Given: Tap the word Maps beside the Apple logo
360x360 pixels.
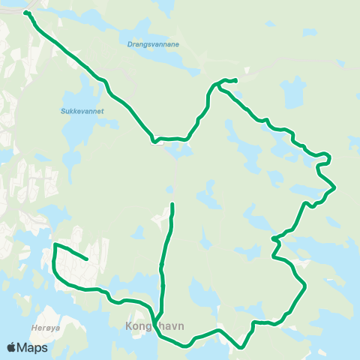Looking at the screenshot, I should click(x=34, y=347).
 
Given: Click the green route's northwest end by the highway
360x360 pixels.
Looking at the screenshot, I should click(x=26, y=13).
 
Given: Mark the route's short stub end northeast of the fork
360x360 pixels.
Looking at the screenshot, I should click(x=235, y=80).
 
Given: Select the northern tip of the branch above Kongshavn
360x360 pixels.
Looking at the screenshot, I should click(x=172, y=204).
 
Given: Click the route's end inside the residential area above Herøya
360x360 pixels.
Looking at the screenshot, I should click(x=87, y=259).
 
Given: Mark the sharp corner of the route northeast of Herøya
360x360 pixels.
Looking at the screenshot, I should click(x=55, y=244).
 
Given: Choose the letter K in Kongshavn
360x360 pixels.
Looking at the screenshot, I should click(x=128, y=326).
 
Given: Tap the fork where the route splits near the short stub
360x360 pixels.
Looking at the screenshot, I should click(x=218, y=85).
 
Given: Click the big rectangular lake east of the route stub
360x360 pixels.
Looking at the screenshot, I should click(x=293, y=94).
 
